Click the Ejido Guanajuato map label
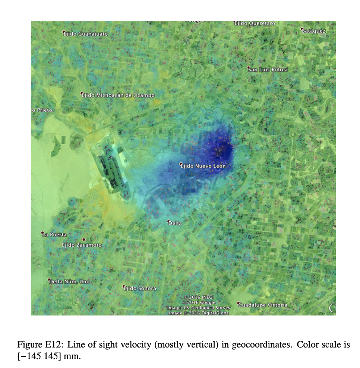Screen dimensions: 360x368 click(x=86, y=34)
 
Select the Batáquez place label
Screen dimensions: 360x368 click(x=314, y=31)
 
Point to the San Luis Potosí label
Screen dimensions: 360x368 click(x=268, y=70)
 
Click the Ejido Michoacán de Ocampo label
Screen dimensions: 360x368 click(x=118, y=95)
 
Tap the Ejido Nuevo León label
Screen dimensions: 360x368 click(x=203, y=166)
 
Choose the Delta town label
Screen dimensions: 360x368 click(x=175, y=223)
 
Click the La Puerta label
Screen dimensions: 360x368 click(x=55, y=235)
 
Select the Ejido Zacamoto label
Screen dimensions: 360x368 click(x=82, y=245)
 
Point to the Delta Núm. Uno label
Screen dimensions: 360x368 click(x=70, y=282)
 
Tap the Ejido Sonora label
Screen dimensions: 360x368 click(x=140, y=288)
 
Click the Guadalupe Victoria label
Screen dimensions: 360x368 click(x=263, y=305)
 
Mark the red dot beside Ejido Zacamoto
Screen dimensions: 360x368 click(x=84, y=239)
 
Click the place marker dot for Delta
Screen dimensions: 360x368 click(x=168, y=221)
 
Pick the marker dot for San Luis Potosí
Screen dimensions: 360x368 click(x=249, y=68)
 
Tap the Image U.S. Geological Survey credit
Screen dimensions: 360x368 click(x=199, y=308)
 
